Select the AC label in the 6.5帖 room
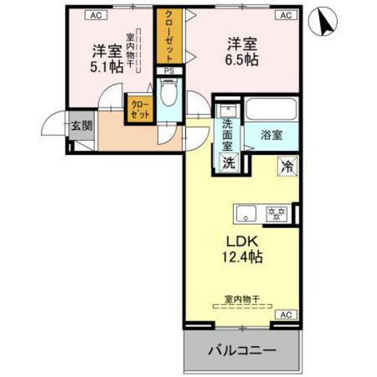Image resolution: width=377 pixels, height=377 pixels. click(285, 14)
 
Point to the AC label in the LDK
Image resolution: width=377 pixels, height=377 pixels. click(285, 314)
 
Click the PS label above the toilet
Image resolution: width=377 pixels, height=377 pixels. click(168, 69)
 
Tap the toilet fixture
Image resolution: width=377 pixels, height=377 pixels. click(168, 94)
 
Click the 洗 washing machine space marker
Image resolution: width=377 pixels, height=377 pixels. click(229, 162)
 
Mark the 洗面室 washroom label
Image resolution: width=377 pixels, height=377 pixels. click(229, 133)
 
